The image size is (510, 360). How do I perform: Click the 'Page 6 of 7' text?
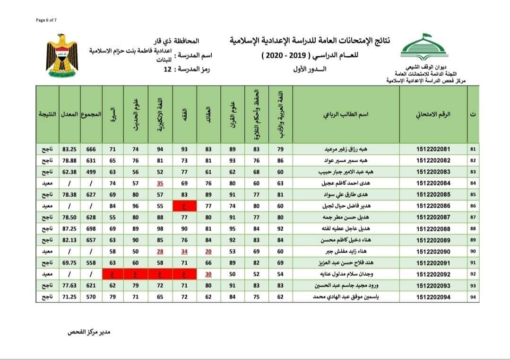click(x=46, y=20)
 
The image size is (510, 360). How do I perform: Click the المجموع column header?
click(x=91, y=114)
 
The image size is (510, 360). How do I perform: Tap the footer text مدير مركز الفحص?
click(x=90, y=332)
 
